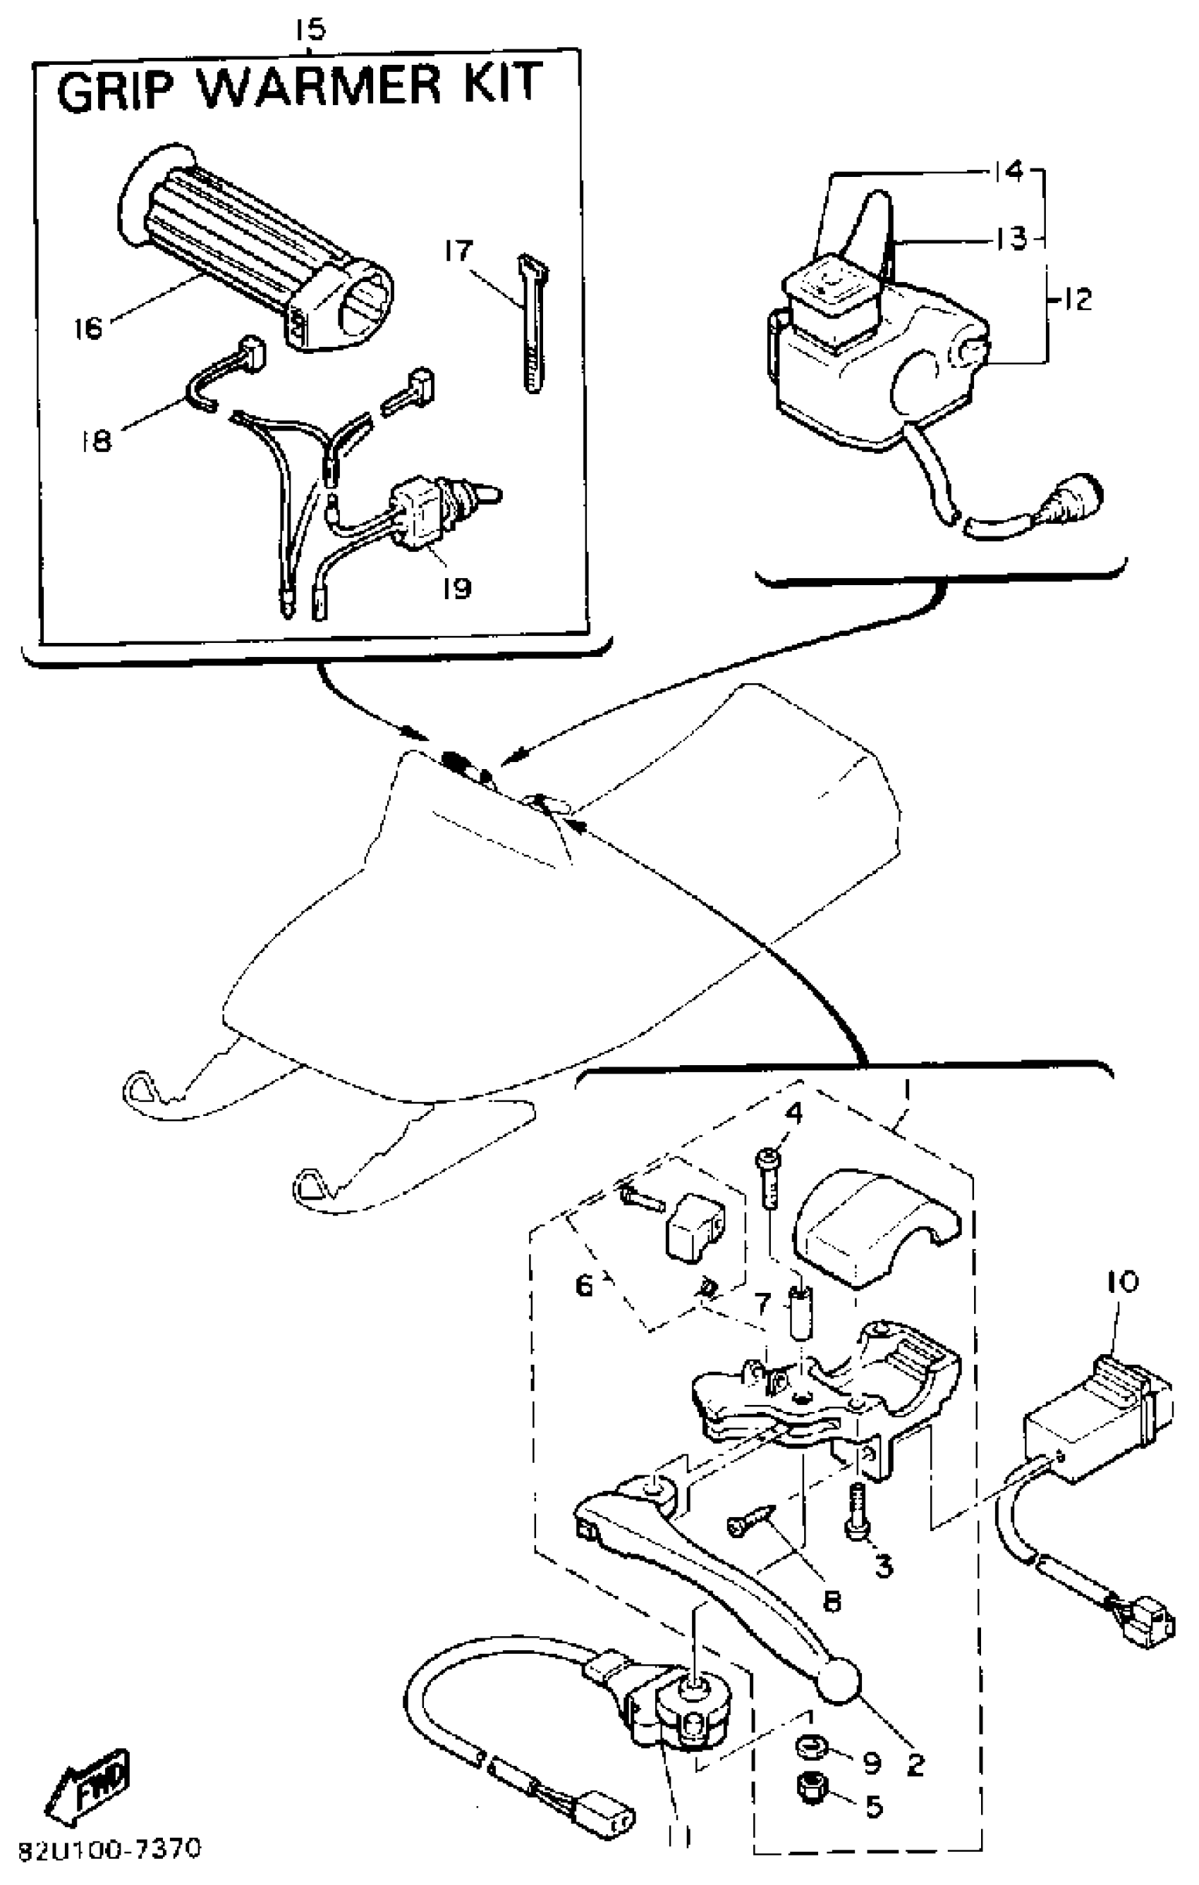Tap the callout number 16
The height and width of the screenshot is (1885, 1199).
point(87,327)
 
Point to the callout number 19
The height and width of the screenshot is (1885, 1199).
point(456,587)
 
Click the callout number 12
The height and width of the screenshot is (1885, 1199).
point(1078,298)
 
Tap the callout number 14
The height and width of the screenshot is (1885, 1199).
point(1011,171)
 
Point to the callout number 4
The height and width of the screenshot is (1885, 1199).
point(793,1112)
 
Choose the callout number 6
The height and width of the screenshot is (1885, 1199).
point(585,1285)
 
